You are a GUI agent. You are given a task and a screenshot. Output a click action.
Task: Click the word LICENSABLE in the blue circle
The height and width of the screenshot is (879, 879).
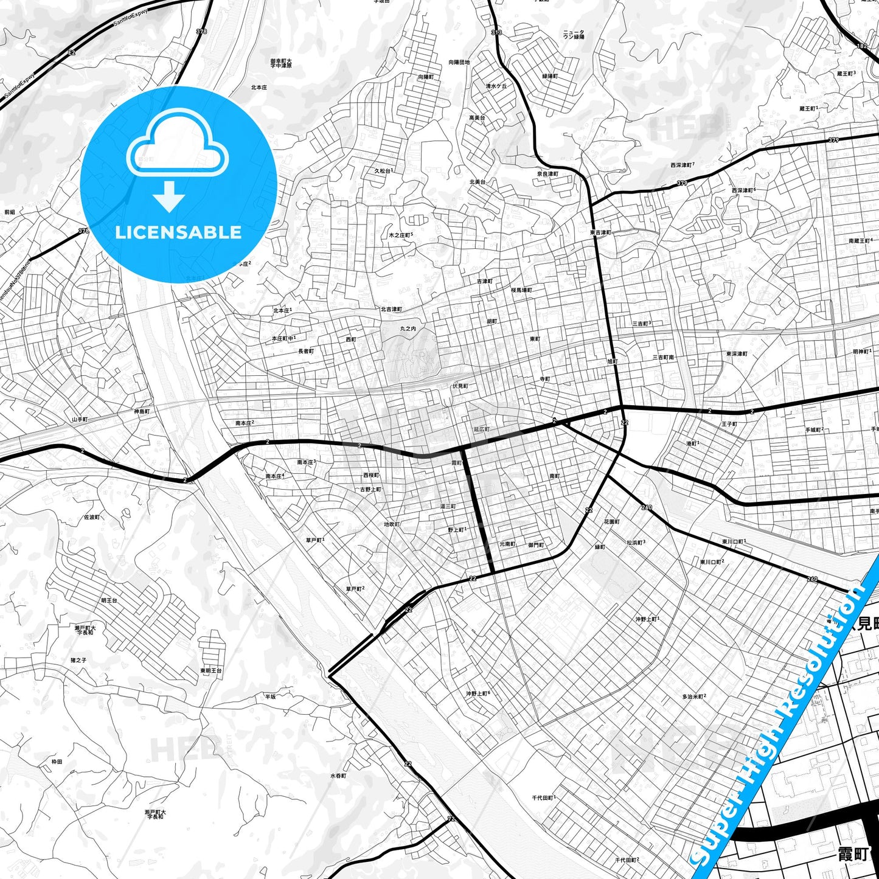pos(178,232)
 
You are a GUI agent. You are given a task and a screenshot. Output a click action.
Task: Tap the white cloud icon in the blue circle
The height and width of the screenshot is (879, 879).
pos(178,145)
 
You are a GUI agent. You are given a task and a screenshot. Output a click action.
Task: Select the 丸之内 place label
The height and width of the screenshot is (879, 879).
pos(408,328)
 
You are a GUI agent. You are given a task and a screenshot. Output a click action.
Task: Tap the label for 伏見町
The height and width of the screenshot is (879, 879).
pos(460,386)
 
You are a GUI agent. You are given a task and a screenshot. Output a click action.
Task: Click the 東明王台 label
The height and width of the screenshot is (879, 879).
pos(211,670)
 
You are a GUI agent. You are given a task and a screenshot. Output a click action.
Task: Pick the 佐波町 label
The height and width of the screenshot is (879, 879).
pos(92,517)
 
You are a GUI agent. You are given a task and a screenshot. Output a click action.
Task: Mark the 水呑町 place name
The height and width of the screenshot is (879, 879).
pos(338,776)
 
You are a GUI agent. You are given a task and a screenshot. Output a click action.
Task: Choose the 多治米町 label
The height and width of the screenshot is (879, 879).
pos(693,697)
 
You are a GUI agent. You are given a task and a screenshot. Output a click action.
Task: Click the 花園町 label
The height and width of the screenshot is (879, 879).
pos(611,522)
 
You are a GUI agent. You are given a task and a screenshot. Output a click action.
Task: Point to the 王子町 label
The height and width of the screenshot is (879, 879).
pos(729,424)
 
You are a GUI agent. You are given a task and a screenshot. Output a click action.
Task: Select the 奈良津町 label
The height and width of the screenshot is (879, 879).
pos(547,174)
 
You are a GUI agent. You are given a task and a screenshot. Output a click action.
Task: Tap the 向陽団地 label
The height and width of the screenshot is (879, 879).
pos(459,62)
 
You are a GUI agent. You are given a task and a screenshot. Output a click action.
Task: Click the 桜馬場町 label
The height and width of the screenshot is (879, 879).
pos(521,290)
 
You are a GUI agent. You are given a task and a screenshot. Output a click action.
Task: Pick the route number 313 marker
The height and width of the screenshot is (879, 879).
pos(497,32)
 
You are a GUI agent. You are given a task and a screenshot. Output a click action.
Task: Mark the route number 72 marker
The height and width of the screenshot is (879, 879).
pos(451,819)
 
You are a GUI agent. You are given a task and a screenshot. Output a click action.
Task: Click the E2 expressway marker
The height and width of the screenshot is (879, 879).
pos(72,53)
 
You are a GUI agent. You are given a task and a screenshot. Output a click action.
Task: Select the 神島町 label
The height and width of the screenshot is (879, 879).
pos(142,412)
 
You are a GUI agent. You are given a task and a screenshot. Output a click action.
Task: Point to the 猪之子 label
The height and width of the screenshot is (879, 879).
pos(78,660)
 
